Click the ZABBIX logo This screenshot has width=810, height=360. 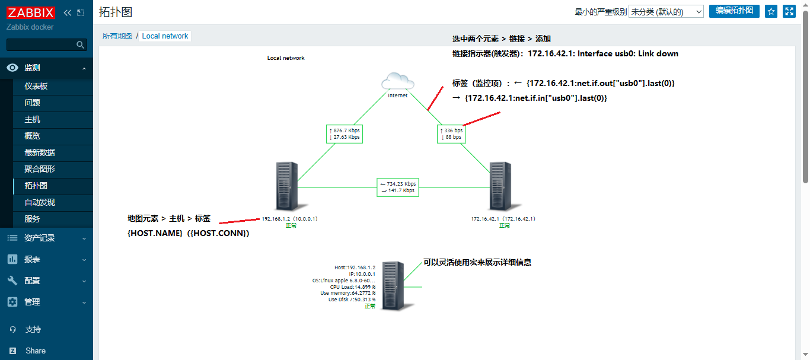pyautogui.click(x=31, y=12)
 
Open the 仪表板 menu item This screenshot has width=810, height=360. pyautogui.click(x=36, y=86)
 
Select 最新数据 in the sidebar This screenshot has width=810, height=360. pyautogui.click(x=39, y=152)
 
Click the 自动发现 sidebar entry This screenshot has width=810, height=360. pyautogui.click(x=39, y=202)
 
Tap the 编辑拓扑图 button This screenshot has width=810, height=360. pyautogui.click(x=734, y=11)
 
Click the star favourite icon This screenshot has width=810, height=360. pyautogui.click(x=771, y=11)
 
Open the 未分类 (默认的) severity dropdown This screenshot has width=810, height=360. pyautogui.click(x=666, y=11)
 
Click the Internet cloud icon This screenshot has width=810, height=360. pyautogui.click(x=397, y=81)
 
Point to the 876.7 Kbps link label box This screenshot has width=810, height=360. pyautogui.click(x=344, y=133)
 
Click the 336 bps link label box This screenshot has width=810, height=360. pyautogui.click(x=451, y=133)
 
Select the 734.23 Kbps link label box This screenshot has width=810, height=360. pyautogui.click(x=397, y=187)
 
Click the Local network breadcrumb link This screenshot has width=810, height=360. pyautogui.click(x=165, y=36)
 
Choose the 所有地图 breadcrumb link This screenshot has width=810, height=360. pyautogui.click(x=117, y=36)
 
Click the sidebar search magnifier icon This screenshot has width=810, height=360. pyautogui.click(x=81, y=45)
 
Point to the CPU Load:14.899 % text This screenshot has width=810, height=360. pyautogui.click(x=352, y=287)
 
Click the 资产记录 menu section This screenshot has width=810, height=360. pyautogui.click(x=39, y=238)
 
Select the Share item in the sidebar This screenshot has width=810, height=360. pyautogui.click(x=36, y=351)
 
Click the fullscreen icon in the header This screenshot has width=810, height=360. pyautogui.click(x=789, y=11)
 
